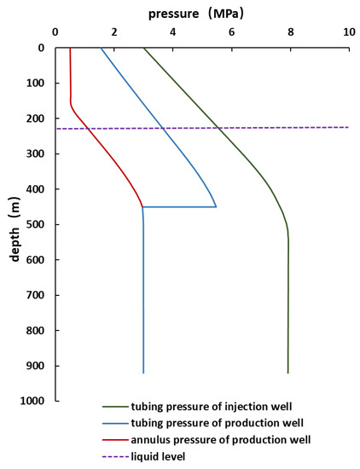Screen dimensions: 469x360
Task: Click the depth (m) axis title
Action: pos(15,224)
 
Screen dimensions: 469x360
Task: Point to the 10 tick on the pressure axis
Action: pos(349,32)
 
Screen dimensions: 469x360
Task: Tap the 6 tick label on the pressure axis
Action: pos(231,32)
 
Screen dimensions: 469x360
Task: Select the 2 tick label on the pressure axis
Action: pos(113,32)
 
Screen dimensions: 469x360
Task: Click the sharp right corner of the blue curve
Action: pos(216,206)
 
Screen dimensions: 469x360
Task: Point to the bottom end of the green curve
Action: pos(287,373)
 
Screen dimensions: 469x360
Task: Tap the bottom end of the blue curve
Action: pos(143,373)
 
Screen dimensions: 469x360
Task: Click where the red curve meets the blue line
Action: pos(142,206)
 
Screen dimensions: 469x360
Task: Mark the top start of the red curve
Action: pos(70,48)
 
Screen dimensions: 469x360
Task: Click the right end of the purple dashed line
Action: pos(349,127)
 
